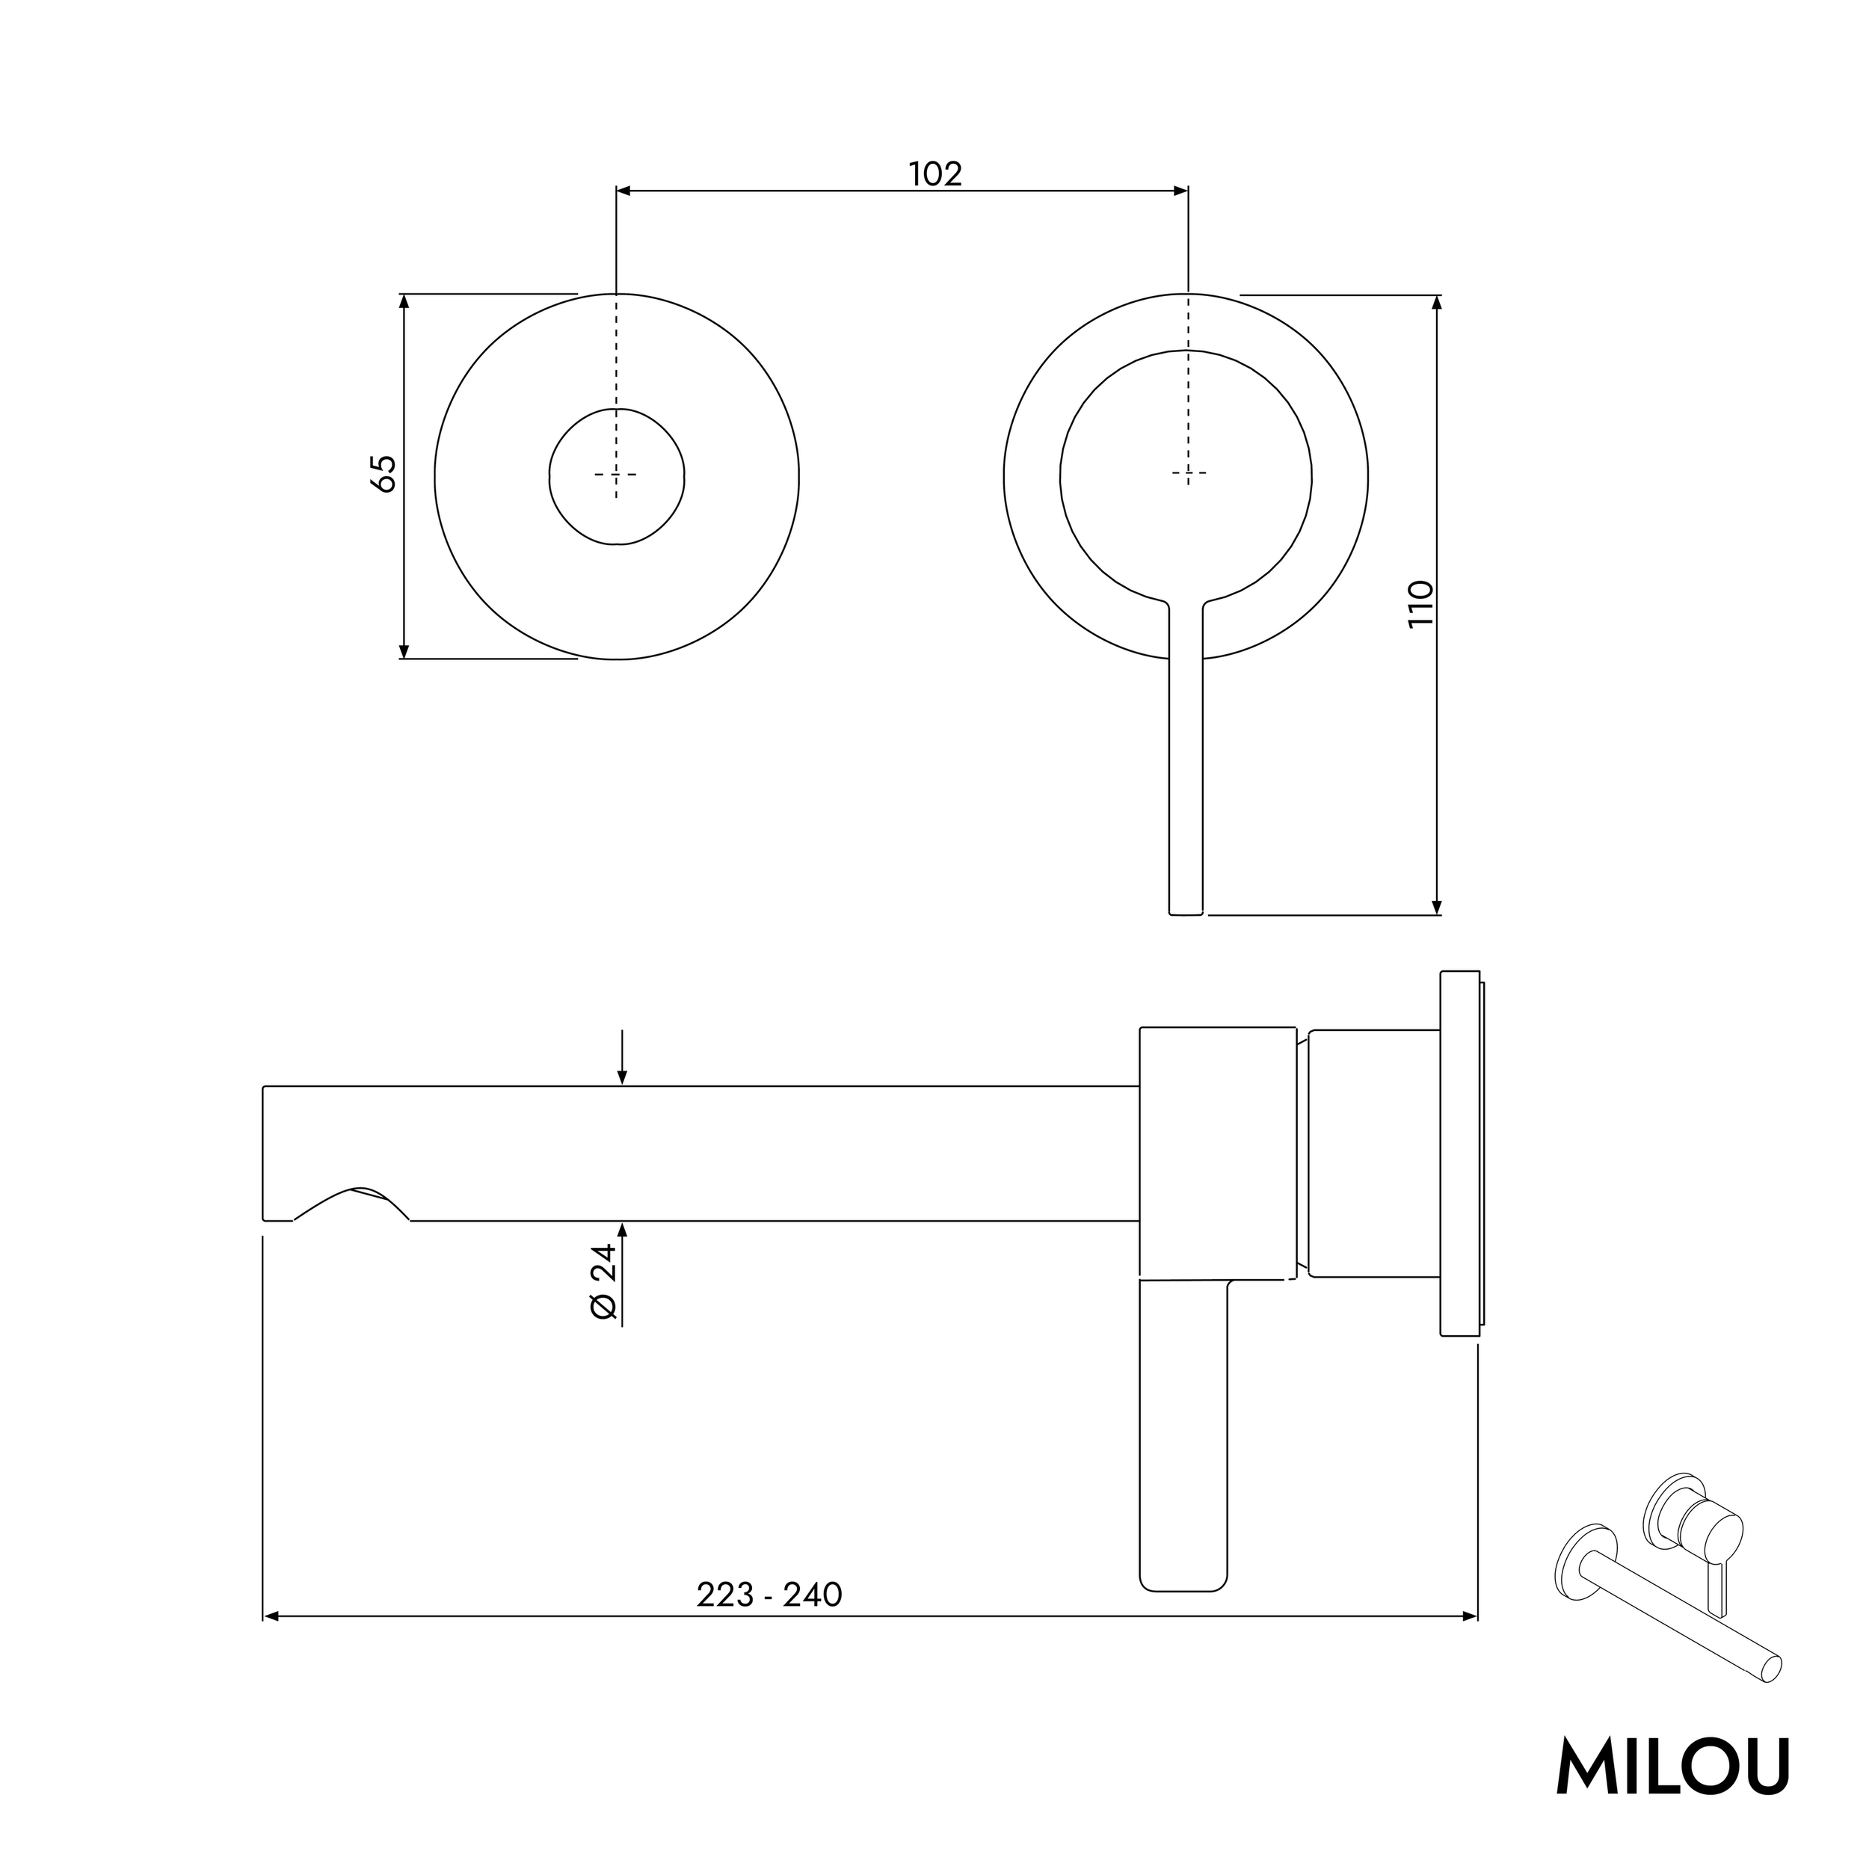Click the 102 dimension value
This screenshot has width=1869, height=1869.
[934, 174]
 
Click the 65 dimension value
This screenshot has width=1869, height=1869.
[384, 473]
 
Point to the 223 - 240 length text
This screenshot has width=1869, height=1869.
[769, 1595]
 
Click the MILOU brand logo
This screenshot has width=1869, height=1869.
[1672, 1767]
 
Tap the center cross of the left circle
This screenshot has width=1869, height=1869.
[616, 474]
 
